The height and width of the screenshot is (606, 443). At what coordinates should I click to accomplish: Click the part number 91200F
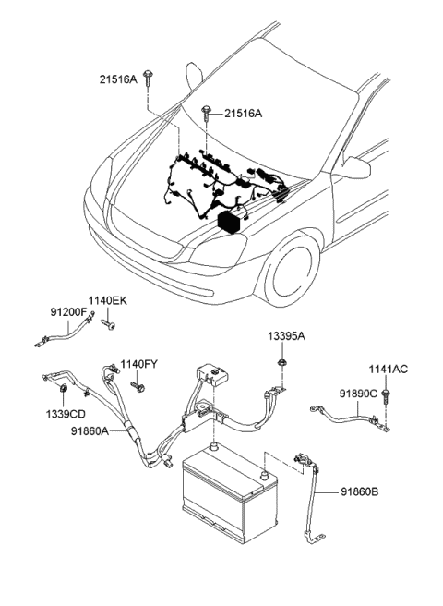[67, 313]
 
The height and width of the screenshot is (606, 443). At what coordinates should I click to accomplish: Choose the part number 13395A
[286, 338]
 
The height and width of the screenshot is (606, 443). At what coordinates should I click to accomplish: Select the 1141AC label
[388, 369]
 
